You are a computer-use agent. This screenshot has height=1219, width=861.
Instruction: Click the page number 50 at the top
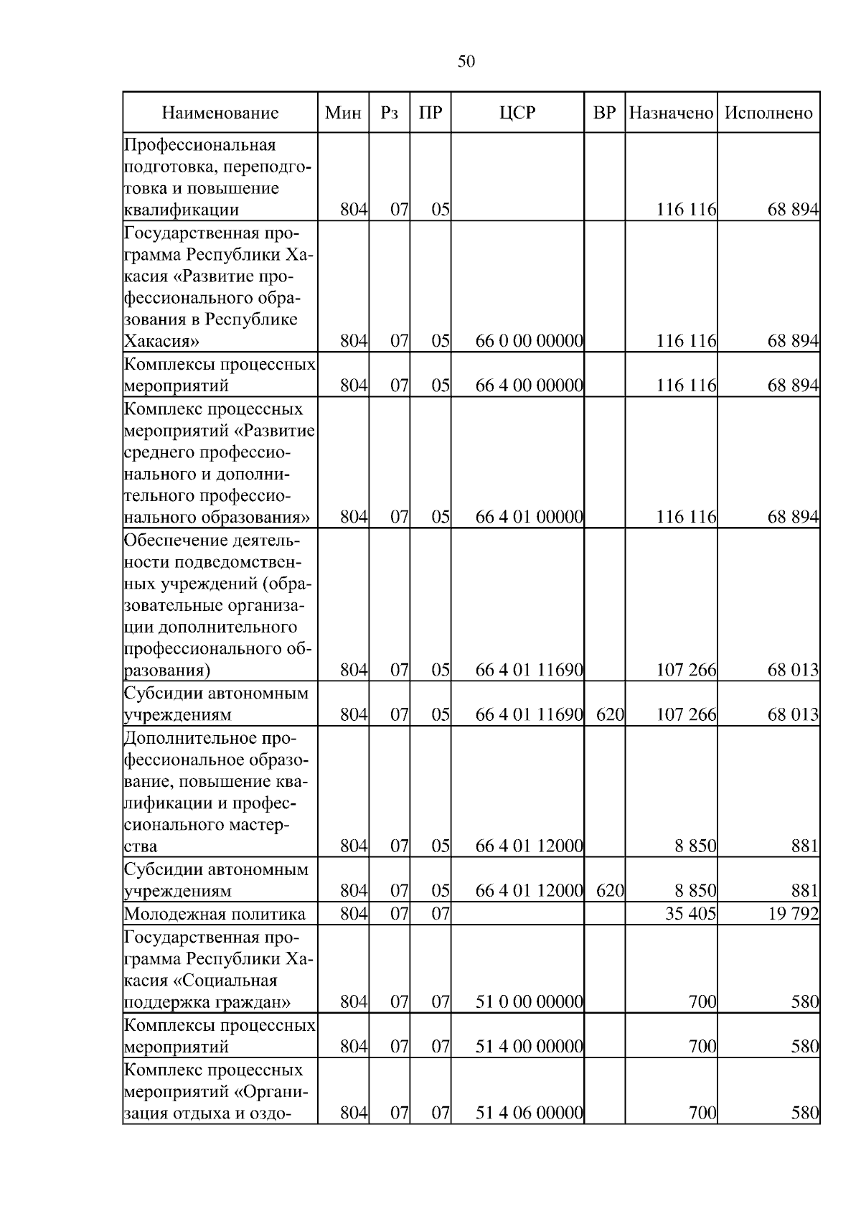coord(466,62)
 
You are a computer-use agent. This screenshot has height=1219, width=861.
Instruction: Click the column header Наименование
coord(220,113)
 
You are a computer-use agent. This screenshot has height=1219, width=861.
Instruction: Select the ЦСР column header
coord(517,113)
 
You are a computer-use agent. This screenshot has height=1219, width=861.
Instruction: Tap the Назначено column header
coord(671,113)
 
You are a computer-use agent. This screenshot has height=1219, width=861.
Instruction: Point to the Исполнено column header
coord(768,113)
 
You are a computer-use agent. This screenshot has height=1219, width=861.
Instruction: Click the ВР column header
coord(605,113)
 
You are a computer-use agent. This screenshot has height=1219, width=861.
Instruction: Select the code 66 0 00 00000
coord(529,341)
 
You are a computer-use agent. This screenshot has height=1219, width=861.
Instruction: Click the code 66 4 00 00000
coord(529,386)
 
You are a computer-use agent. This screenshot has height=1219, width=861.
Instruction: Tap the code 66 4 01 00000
coord(529,517)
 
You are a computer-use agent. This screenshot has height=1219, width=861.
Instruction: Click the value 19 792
coord(793,914)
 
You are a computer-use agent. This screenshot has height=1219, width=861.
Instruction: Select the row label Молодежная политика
coord(215,914)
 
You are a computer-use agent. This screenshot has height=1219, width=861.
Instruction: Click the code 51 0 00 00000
coord(529,1001)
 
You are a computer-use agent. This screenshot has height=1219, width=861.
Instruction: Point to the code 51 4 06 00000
coord(529,1113)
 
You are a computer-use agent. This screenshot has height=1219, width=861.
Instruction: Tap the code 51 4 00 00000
coord(529,1046)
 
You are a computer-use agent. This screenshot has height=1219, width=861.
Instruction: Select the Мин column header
coord(343,113)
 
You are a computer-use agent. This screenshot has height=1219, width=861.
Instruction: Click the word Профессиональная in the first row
coord(200,145)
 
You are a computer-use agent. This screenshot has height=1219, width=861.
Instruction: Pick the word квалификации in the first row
coord(182,210)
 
